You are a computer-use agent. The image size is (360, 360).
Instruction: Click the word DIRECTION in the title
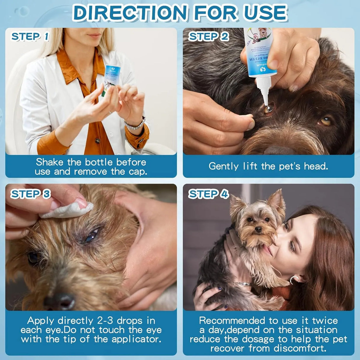[x=130, y=13]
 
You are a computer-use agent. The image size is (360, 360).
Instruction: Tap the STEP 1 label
[x=30, y=37]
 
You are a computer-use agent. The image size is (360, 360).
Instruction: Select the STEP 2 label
[x=208, y=37]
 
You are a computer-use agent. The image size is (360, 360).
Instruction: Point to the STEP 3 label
[x=31, y=194]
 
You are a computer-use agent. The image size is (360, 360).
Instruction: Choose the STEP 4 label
[x=208, y=194]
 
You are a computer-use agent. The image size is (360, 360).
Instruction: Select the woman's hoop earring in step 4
[x=294, y=280]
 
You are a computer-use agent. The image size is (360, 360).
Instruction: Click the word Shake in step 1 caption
[x=49, y=162]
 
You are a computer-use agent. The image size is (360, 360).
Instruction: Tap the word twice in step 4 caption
[x=325, y=321]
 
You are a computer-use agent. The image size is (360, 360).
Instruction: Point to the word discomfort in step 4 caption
[x=300, y=348]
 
